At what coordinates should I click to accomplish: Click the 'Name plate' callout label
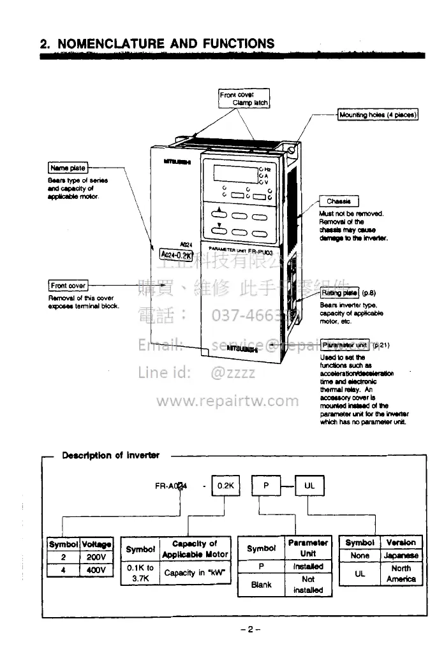(x=68, y=168)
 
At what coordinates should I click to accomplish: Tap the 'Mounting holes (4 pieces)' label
(x=378, y=115)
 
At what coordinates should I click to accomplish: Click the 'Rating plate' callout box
(x=340, y=293)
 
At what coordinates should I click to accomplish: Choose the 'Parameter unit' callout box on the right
(x=344, y=344)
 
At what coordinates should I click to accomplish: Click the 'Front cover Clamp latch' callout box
(x=244, y=99)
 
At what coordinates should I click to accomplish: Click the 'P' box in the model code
(x=266, y=485)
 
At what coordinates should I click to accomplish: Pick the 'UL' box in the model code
(x=309, y=485)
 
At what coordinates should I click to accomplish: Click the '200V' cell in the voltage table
(x=96, y=556)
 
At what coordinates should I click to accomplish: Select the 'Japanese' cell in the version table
(x=401, y=555)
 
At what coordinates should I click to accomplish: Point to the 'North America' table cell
(x=401, y=573)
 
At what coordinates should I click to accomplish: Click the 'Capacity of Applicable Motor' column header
(x=195, y=549)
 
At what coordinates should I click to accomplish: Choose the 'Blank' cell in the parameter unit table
(x=262, y=584)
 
